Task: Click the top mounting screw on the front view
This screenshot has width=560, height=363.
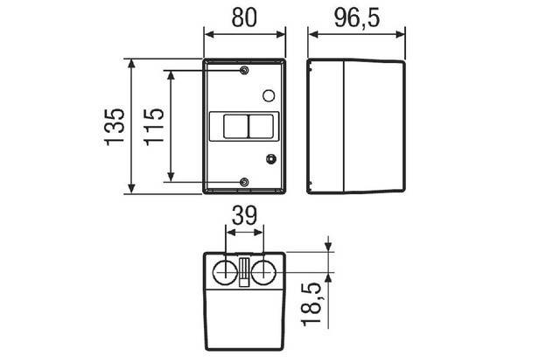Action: [x=245, y=69]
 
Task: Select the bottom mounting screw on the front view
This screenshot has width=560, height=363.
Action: [x=245, y=182]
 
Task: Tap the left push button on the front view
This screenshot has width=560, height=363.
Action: [x=233, y=126]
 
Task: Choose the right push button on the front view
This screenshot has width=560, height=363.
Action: [x=259, y=126]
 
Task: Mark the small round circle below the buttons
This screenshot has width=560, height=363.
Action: [x=270, y=158]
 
